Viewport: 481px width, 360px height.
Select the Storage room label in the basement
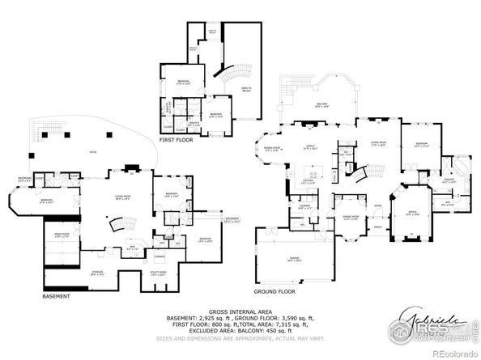click(97, 274)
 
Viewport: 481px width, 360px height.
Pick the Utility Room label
click(155, 274)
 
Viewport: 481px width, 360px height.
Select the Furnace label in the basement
click(160, 256)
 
